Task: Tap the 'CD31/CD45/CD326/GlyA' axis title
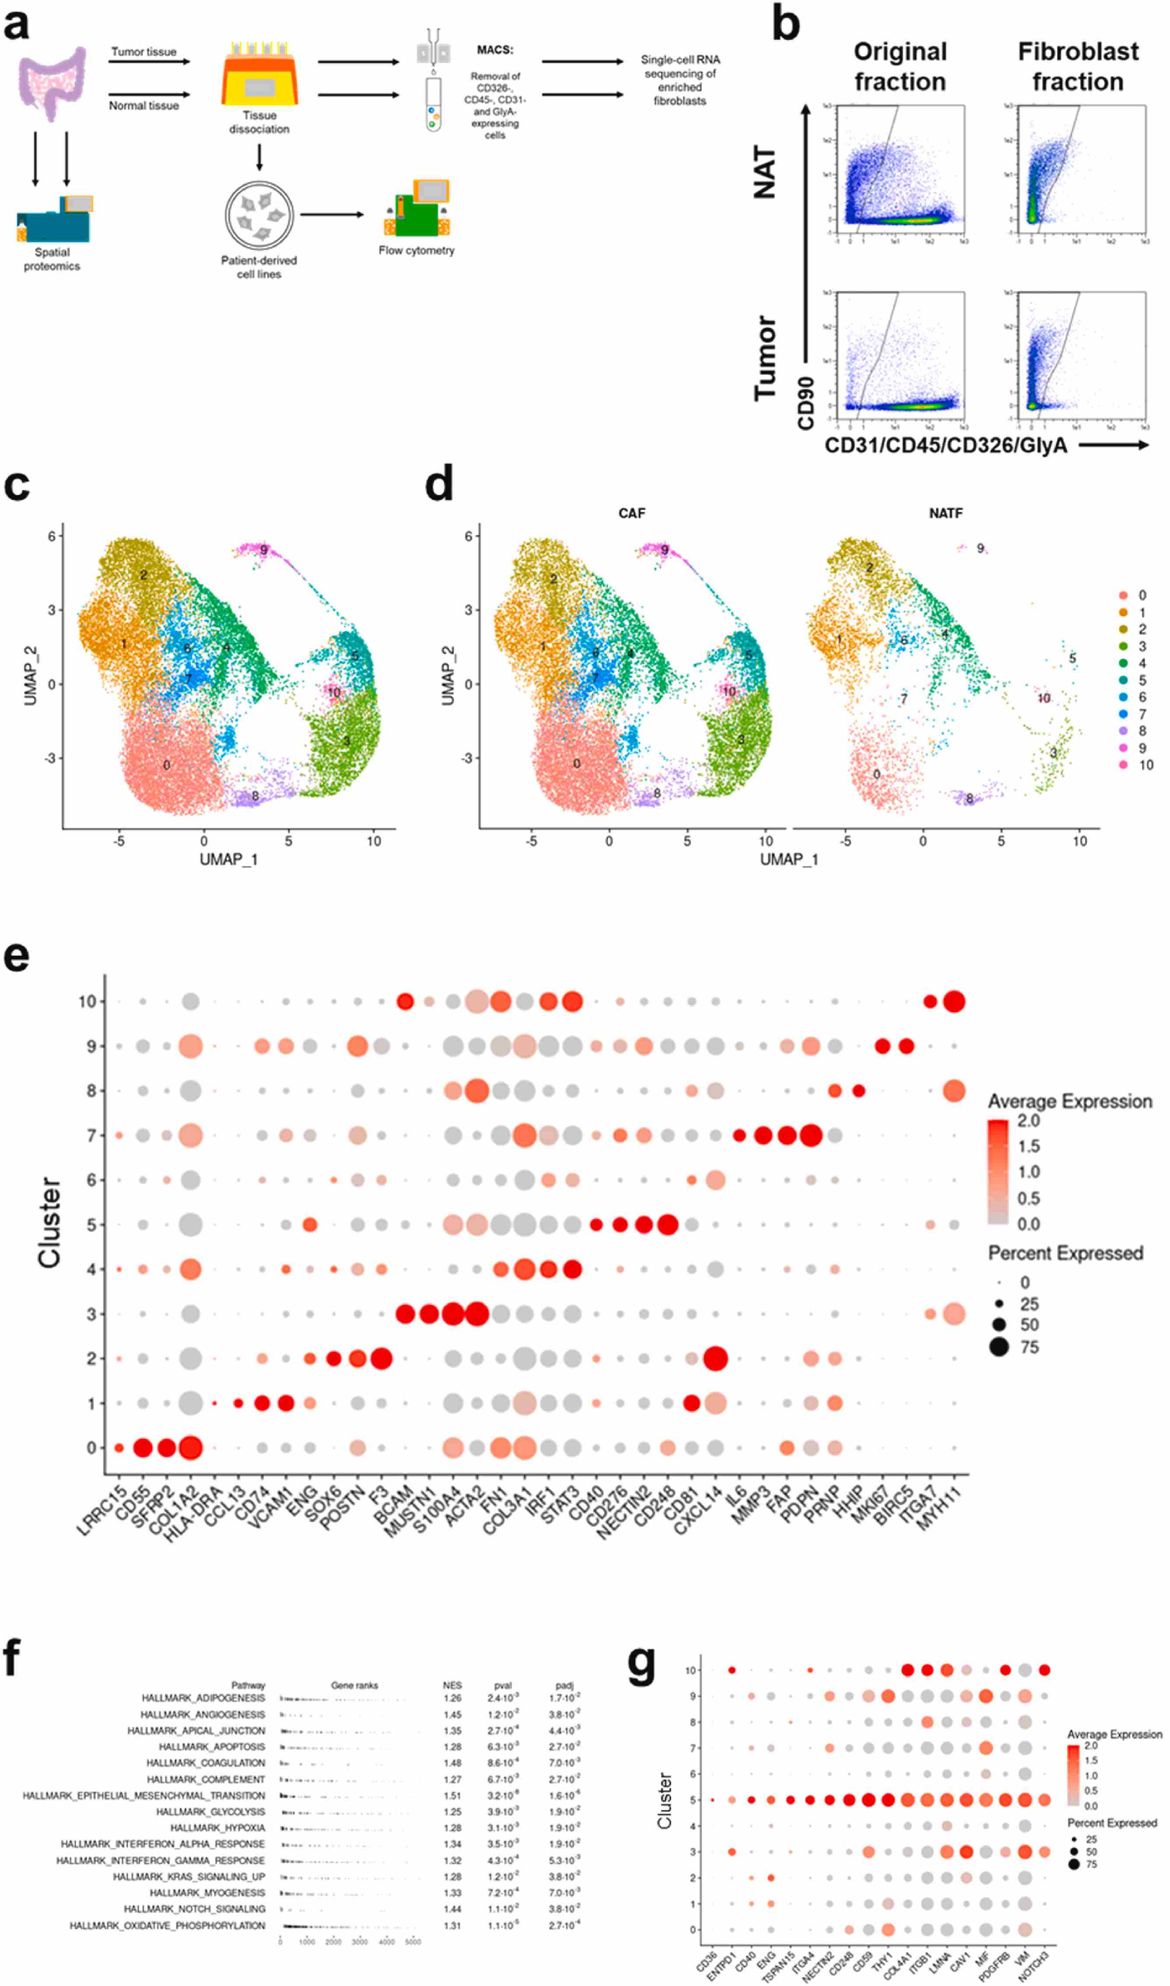click(945, 446)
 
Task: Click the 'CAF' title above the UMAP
click(632, 513)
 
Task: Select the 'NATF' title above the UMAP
click(945, 513)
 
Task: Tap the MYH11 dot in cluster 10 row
click(954, 1002)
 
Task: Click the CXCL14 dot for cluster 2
click(715, 1358)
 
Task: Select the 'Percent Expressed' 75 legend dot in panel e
click(999, 1347)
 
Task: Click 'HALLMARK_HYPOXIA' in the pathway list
click(218, 1827)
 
